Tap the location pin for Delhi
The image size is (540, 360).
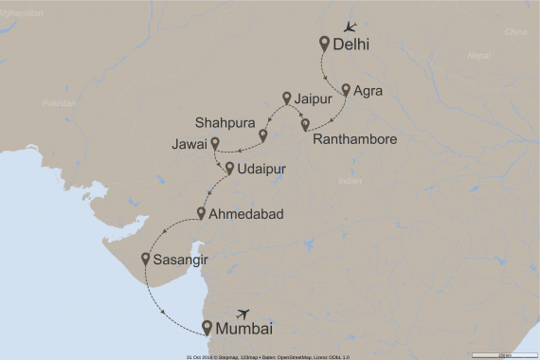pyautogui.click(x=325, y=43)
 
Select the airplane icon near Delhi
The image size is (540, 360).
pyautogui.click(x=351, y=26)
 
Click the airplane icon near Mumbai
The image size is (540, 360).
pyautogui.click(x=244, y=313)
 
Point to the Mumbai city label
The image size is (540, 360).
pyautogui.click(x=244, y=330)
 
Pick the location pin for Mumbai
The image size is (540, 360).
pyautogui.click(x=207, y=328)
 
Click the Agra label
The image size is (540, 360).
pyautogui.click(x=367, y=91)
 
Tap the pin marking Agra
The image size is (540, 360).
pyautogui.click(x=346, y=90)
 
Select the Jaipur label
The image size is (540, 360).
pyautogui.click(x=314, y=98)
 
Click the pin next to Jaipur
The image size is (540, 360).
pyautogui.click(x=287, y=97)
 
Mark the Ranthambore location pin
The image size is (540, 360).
pyautogui.click(x=304, y=124)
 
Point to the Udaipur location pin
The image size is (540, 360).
pyautogui.click(x=229, y=169)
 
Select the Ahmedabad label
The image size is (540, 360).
pyautogui.click(x=248, y=215)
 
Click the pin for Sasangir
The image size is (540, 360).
pyautogui.click(x=145, y=258)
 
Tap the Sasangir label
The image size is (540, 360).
pyautogui.click(x=180, y=259)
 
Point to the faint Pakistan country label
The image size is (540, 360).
pyautogui.click(x=59, y=102)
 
